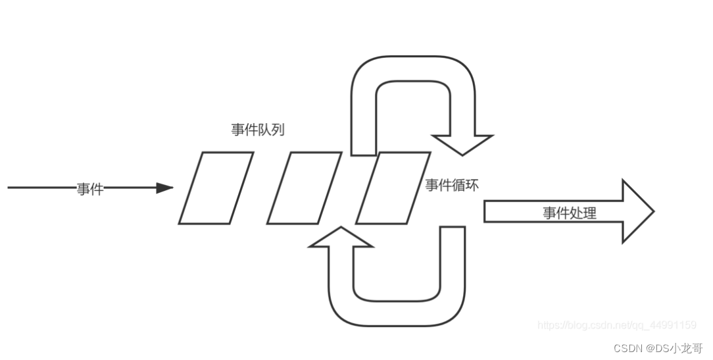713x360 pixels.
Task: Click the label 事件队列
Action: [258, 130]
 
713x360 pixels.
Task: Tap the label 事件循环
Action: [451, 185]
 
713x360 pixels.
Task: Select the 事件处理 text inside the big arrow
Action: [569, 213]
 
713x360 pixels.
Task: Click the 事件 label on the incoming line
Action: [89, 189]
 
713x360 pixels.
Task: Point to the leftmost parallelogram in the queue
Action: [216, 188]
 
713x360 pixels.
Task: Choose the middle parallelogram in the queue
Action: [304, 188]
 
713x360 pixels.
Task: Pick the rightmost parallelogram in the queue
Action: [393, 188]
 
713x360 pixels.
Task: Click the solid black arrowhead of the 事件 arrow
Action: [164, 188]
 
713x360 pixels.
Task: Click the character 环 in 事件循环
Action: [472, 185]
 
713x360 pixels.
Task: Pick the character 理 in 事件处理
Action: [589, 213]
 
